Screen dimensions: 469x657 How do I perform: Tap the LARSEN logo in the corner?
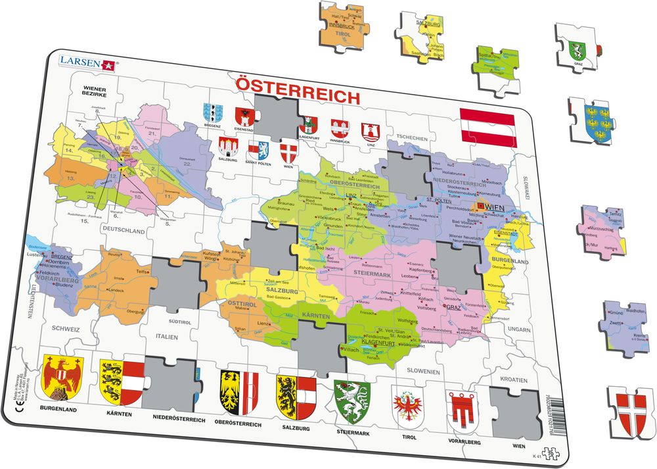(87, 62)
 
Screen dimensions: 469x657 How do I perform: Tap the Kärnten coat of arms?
(120, 383)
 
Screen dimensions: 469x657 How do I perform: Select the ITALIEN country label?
(168, 337)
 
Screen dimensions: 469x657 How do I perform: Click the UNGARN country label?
(518, 329)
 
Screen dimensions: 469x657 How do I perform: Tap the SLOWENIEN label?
(422, 372)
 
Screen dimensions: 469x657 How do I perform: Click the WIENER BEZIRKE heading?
(95, 91)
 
